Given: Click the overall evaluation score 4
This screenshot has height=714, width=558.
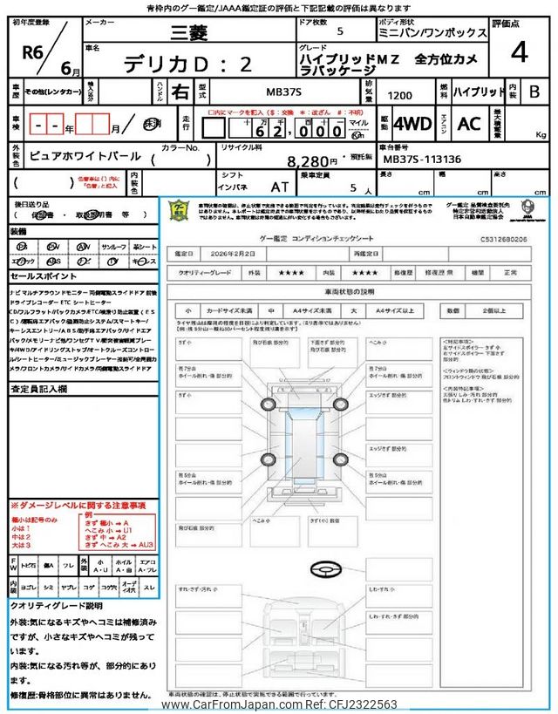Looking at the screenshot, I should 520,53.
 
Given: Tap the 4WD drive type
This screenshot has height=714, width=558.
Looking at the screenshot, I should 412,125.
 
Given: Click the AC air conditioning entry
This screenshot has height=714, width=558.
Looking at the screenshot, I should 468,125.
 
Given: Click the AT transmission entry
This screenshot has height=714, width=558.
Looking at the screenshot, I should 279,187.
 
